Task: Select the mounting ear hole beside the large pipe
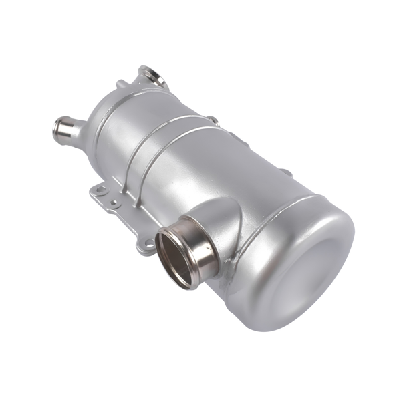click(142, 245)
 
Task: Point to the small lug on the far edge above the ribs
click(213, 120)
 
